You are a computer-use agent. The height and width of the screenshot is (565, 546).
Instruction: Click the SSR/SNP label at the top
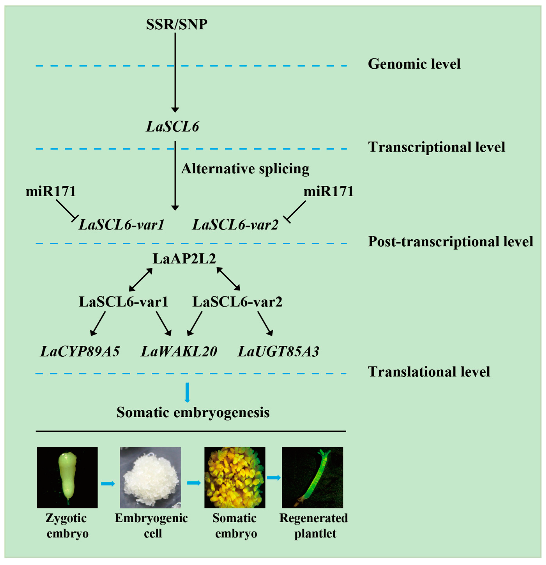(x=176, y=24)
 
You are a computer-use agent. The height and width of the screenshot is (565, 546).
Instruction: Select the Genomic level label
(x=414, y=64)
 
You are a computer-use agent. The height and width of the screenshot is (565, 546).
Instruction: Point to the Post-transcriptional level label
(x=450, y=242)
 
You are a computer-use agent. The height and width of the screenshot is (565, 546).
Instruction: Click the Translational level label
(x=429, y=372)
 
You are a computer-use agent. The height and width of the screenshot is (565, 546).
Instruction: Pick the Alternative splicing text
(x=245, y=169)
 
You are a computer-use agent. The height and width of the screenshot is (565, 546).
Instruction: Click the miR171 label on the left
(x=51, y=191)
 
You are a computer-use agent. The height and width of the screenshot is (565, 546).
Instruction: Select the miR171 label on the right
(x=329, y=191)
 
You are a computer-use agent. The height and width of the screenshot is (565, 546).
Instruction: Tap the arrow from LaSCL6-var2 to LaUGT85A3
(x=265, y=323)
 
